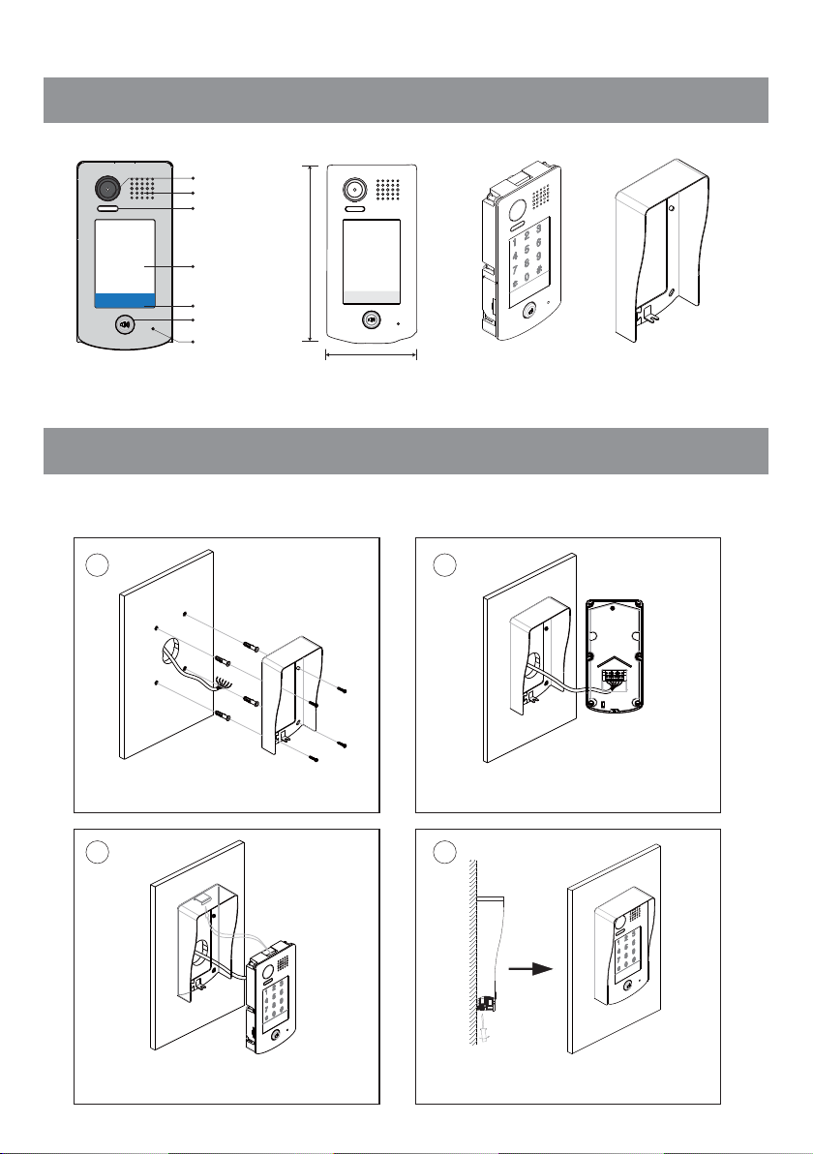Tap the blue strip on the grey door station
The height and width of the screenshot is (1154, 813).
pos(125,300)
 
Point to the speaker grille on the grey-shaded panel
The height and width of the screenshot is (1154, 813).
pos(141,189)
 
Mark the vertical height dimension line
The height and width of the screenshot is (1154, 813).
pos(310,253)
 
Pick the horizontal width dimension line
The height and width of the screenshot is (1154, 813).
pos(371,355)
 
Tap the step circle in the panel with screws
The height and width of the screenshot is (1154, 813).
pos(95,563)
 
